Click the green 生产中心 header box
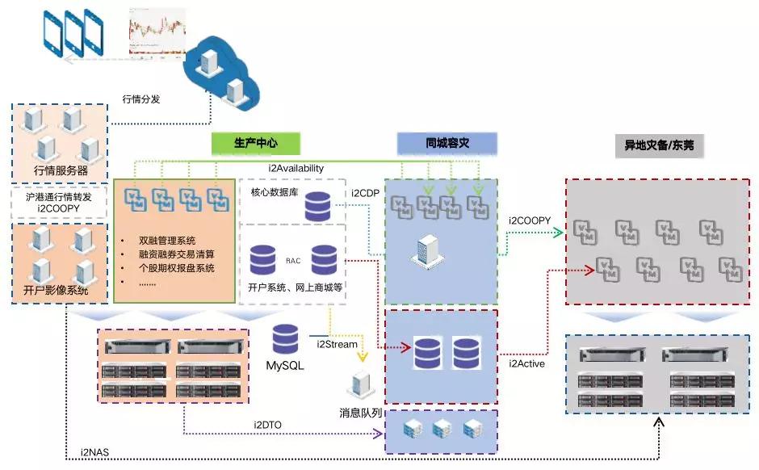pos(256,144)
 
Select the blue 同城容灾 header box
pos(447,144)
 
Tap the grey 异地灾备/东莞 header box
pos(659,146)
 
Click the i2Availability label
pos(296,168)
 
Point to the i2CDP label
pos(365,193)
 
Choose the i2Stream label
pos(337,345)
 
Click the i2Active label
pos(526,363)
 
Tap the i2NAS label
pos(94,451)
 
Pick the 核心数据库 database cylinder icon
pos(317,207)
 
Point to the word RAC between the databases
pos(292,261)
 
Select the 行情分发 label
pos(141,99)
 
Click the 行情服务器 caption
pos(61,171)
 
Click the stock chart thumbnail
pos(157,31)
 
